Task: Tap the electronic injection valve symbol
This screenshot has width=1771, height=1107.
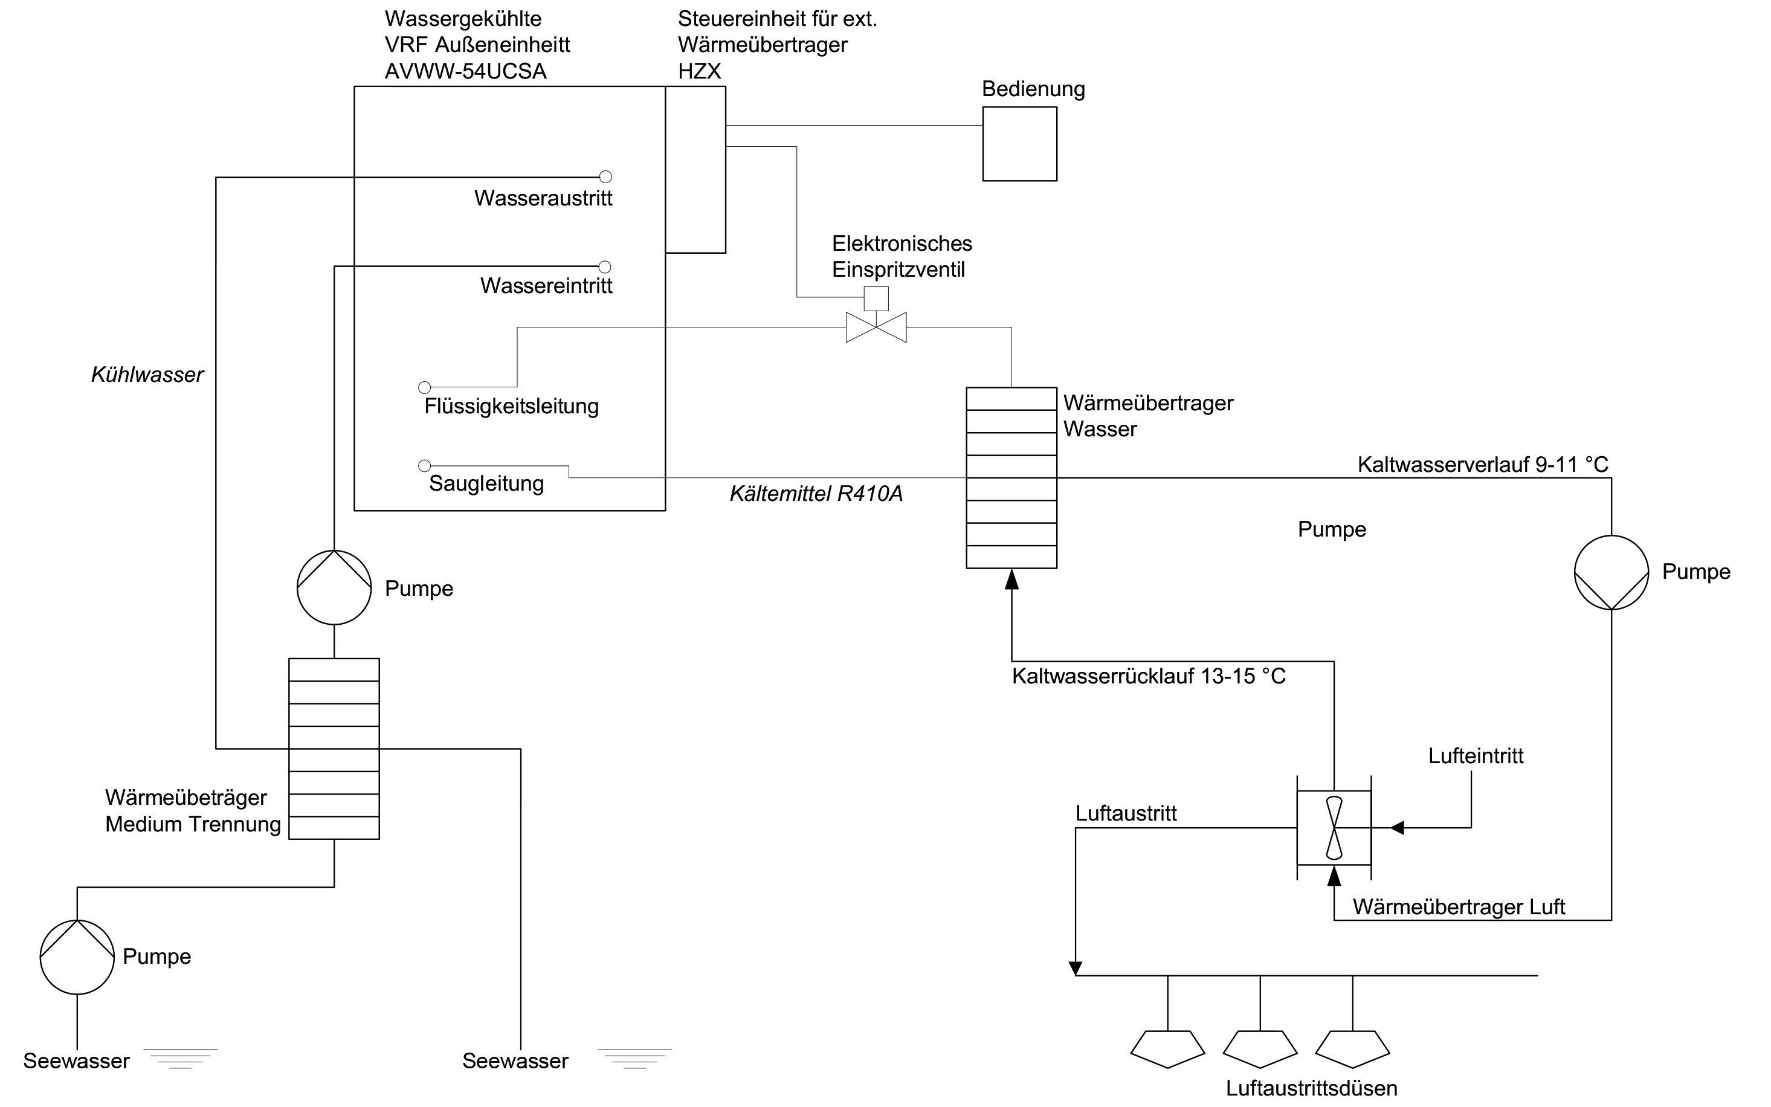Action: (876, 328)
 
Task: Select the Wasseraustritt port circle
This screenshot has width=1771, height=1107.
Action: (605, 176)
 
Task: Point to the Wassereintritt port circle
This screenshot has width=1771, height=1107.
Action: (605, 266)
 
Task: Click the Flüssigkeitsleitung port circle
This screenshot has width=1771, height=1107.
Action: (425, 387)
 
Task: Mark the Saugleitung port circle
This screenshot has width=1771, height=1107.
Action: (425, 466)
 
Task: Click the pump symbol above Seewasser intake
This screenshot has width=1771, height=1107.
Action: (77, 957)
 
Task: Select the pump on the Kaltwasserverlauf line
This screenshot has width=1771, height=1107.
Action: (1611, 572)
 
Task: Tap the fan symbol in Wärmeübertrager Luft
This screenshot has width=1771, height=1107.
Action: (1334, 827)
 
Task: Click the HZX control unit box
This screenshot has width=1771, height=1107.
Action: (695, 169)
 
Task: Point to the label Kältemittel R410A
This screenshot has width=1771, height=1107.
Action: (816, 494)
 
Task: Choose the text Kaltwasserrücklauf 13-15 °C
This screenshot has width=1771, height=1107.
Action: (1148, 676)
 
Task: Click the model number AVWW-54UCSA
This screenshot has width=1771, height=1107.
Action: (466, 71)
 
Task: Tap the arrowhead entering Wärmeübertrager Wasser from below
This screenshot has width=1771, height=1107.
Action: (1012, 580)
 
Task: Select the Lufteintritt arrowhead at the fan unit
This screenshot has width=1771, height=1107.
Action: (1396, 828)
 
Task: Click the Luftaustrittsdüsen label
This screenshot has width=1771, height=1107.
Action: (1311, 1088)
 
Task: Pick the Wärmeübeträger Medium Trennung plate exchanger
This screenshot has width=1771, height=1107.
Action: (334, 748)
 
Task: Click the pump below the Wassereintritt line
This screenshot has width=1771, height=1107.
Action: (334, 587)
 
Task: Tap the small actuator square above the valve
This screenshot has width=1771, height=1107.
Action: (876, 299)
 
